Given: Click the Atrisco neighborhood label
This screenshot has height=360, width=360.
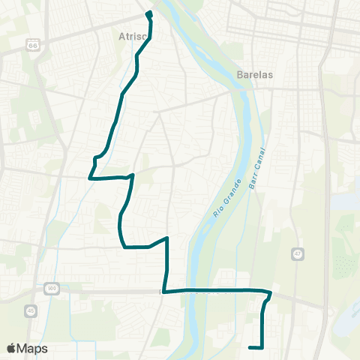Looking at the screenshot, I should pyautogui.click(x=132, y=35).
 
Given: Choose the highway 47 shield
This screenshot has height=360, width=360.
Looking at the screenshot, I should pyautogui.click(x=298, y=254).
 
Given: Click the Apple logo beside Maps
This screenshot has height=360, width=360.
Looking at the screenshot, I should pyautogui.click(x=11, y=349).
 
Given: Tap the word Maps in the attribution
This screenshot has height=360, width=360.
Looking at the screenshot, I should pyautogui.click(x=32, y=349).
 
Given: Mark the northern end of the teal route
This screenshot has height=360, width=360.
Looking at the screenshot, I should pyautogui.click(x=148, y=13).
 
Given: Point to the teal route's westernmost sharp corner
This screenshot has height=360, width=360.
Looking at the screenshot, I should pyautogui.click(x=90, y=178).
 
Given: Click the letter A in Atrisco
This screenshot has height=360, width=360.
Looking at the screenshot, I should pyautogui.click(x=121, y=35).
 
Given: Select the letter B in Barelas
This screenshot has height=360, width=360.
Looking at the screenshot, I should pyautogui.click(x=239, y=75).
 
